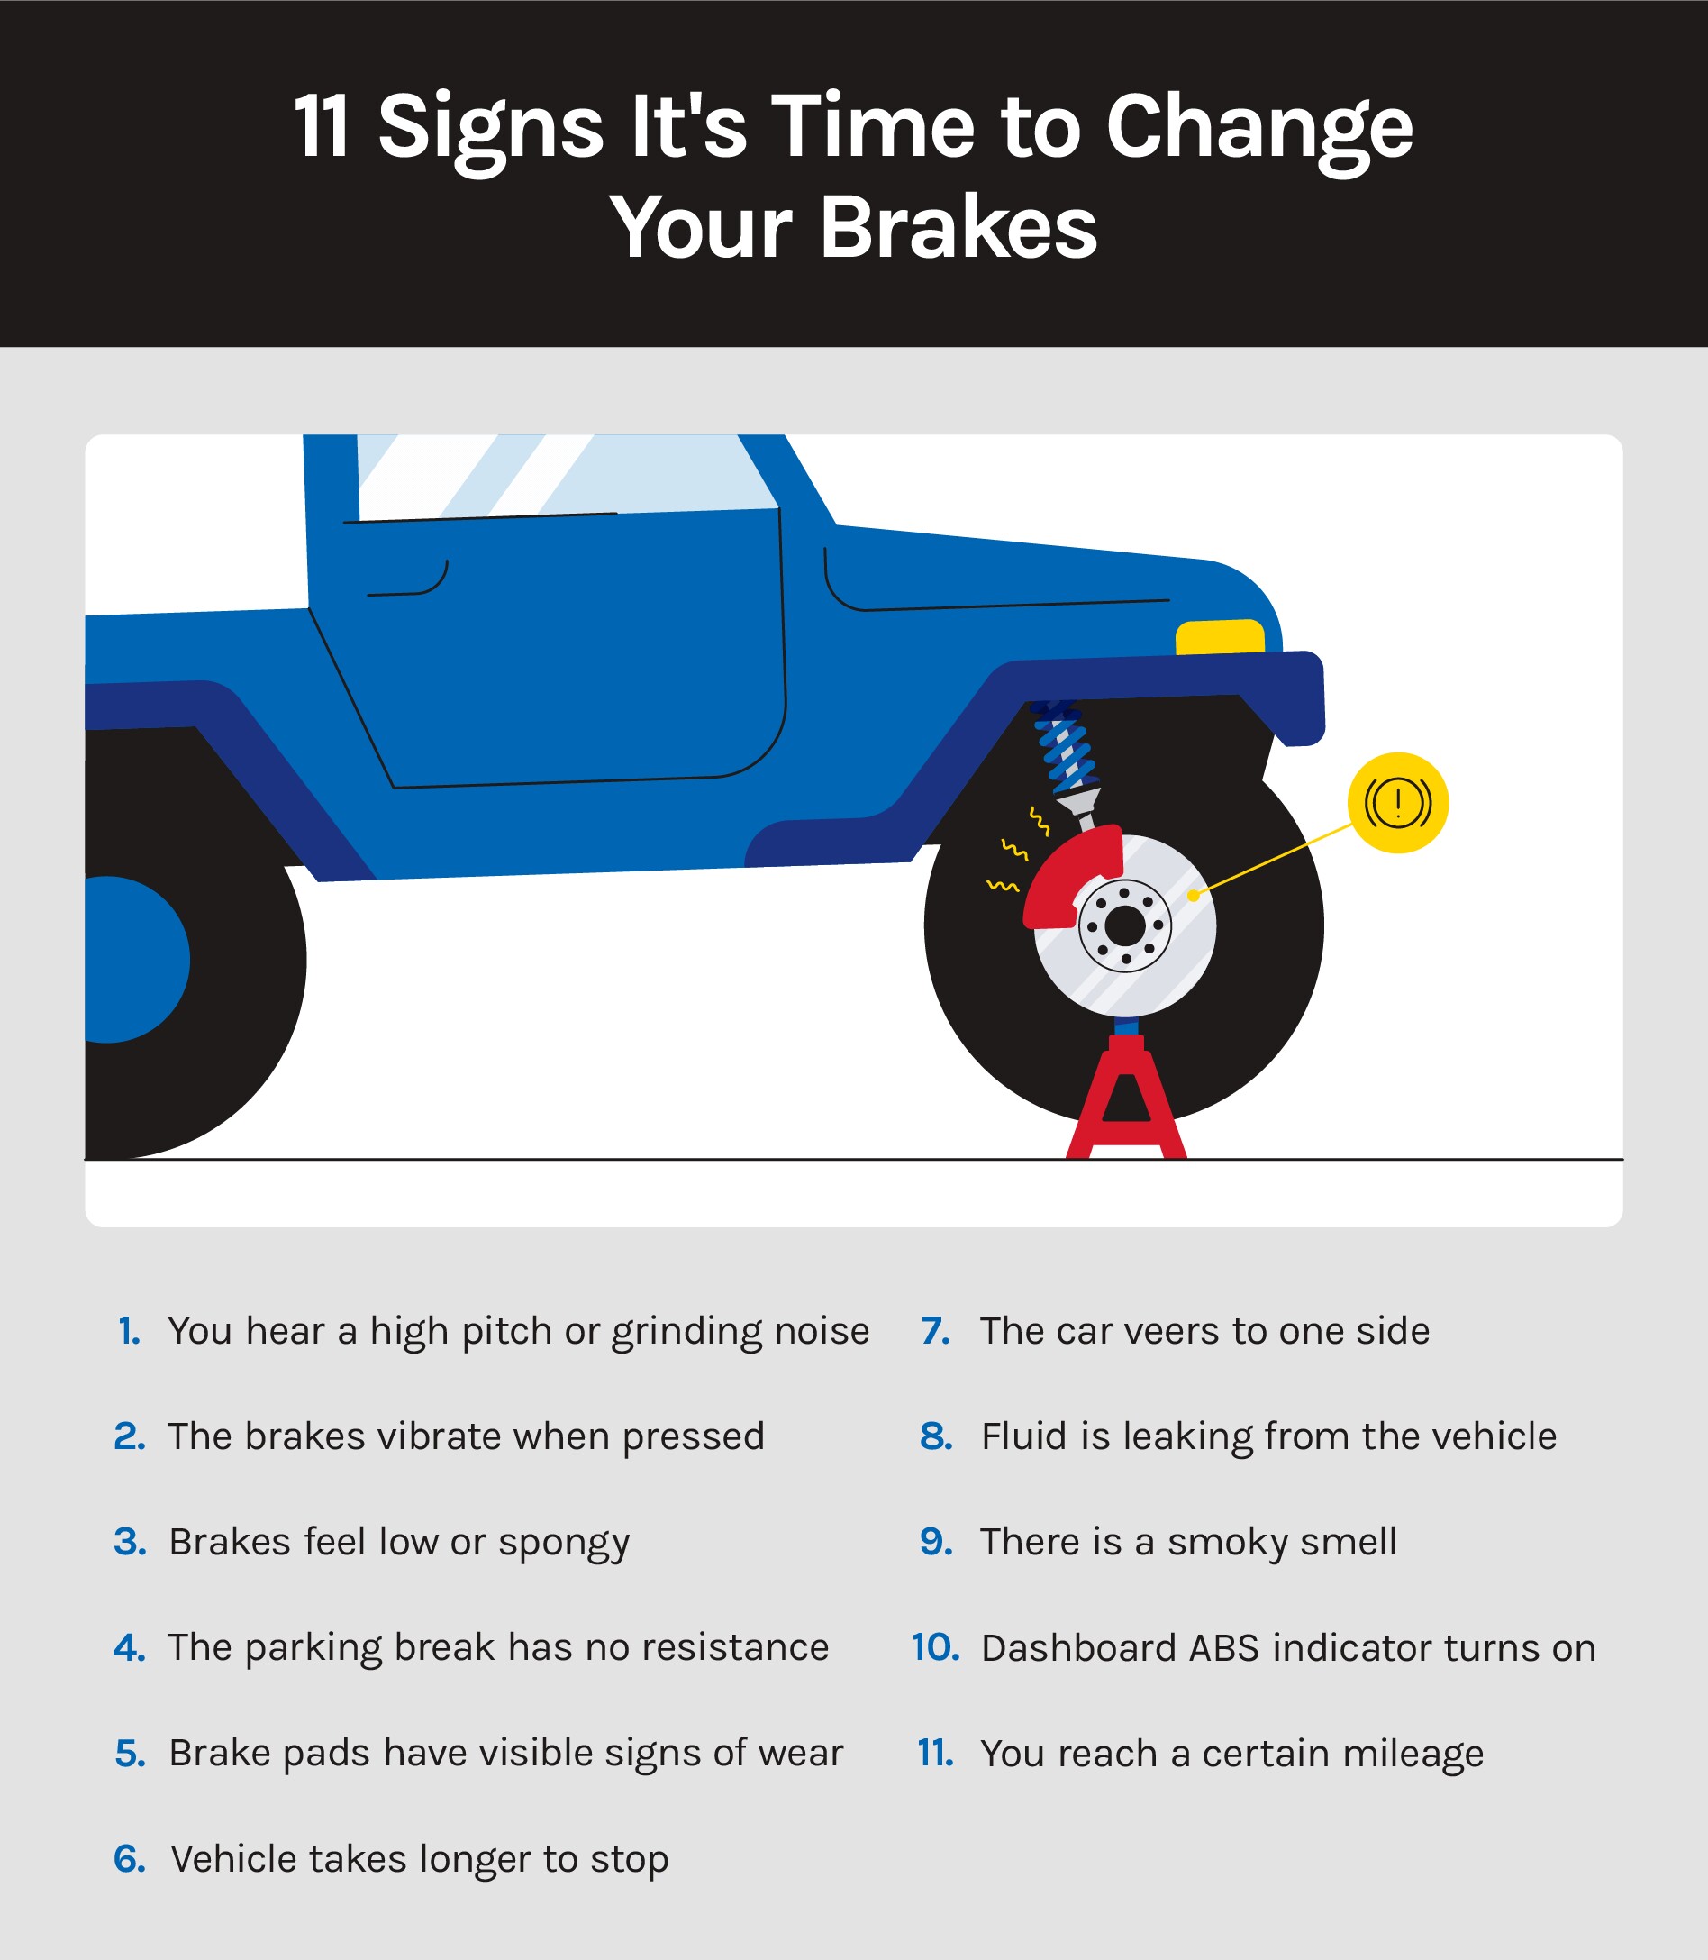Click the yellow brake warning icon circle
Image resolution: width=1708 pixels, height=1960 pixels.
[x=1397, y=803]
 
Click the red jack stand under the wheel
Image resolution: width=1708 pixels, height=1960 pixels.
[x=1126, y=1097]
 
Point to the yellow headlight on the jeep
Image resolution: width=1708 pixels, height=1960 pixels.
[x=1220, y=637]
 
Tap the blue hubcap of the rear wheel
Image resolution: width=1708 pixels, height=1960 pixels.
[x=133, y=959]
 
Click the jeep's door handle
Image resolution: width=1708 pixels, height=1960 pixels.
[x=408, y=579]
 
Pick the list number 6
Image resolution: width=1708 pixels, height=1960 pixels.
[x=130, y=1860]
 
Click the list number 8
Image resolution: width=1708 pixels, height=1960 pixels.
[x=936, y=1436]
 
